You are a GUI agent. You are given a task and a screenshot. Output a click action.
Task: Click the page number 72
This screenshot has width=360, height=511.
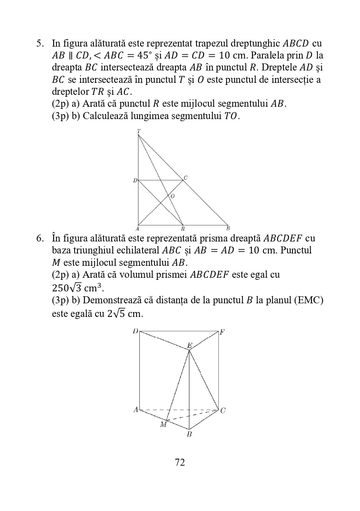coord(180,462)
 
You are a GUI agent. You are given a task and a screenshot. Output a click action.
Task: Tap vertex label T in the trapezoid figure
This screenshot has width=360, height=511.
coord(139,131)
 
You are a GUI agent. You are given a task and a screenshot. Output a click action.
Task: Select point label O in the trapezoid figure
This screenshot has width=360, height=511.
coord(172,197)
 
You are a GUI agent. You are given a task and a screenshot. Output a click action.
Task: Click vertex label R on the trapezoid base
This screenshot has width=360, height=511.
coord(182,228)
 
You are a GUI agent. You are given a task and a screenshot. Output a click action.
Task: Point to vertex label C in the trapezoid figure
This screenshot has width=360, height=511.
coord(186,178)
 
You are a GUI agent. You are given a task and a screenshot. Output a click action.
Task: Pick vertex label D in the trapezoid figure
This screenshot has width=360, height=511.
coord(135,180)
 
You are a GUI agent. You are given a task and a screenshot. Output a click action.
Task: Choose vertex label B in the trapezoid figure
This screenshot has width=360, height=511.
coord(228,228)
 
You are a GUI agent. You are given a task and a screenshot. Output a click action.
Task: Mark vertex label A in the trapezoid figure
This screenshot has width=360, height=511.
coord(137,228)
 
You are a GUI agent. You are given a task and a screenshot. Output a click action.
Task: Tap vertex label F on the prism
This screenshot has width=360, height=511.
coord(222,332)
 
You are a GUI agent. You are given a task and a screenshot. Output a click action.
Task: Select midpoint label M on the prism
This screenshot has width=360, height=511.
coord(164,424)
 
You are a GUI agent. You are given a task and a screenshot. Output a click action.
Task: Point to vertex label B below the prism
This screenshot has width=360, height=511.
coord(189,434)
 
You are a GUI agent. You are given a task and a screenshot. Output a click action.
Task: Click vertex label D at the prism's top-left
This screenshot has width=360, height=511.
coord(135,331)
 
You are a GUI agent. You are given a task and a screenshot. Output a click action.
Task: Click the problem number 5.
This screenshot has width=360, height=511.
coord(39,43)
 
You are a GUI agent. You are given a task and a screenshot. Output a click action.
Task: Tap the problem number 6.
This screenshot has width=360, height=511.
coord(39,238)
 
